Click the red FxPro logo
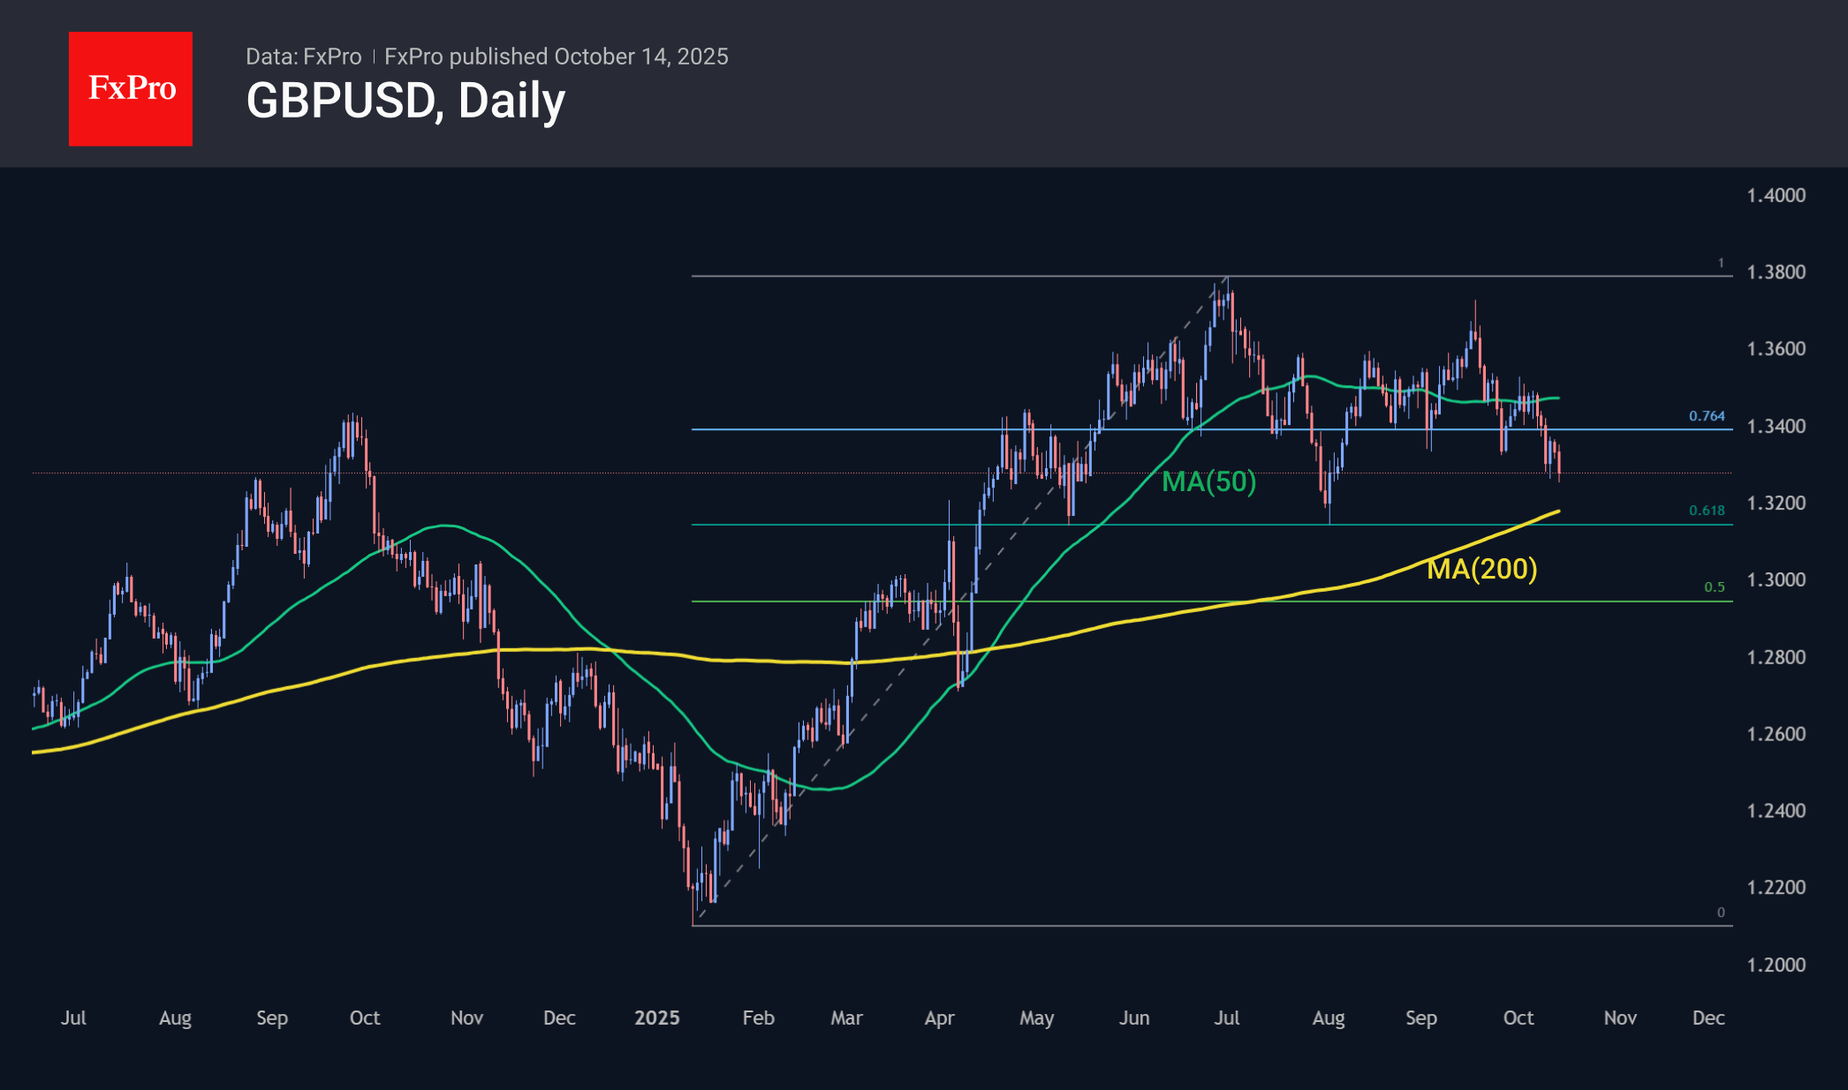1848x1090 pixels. coord(131,88)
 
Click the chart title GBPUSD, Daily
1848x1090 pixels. coord(405,101)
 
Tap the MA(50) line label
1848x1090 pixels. coord(1208,481)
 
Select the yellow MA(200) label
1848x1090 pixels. coord(1481,569)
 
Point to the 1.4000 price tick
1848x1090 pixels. coord(1776,195)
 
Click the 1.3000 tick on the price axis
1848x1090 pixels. coord(1776,580)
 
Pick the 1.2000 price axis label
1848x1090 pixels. coord(1776,965)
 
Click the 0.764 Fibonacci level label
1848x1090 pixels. coord(1707,416)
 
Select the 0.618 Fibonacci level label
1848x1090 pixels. coord(1707,511)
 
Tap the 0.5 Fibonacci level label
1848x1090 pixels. coord(1714,587)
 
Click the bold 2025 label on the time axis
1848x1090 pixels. coord(656,1018)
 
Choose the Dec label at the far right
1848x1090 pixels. coord(1708,1018)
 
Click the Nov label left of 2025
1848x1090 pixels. coord(466,1018)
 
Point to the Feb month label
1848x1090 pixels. coord(758,1018)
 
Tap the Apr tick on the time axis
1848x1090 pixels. coord(939,1018)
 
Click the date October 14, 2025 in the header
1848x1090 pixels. coord(641,57)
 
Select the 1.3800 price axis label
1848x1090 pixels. coord(1776,272)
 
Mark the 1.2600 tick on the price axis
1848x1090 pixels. coord(1776,734)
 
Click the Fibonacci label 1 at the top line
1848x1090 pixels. coord(1720,263)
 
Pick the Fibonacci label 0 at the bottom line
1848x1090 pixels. coord(1720,912)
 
